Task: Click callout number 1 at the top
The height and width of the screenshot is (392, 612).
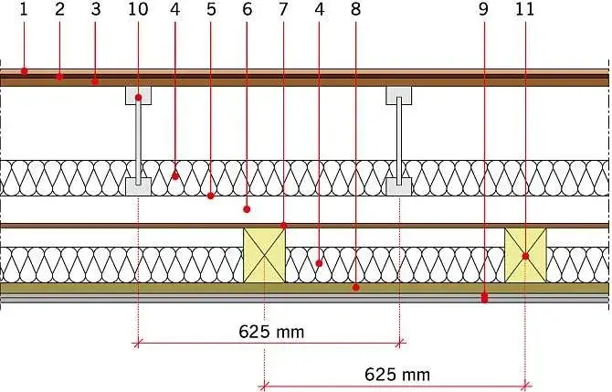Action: click(x=24, y=9)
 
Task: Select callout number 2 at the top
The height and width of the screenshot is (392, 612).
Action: click(x=59, y=9)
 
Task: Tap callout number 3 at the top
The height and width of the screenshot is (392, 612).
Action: click(x=96, y=9)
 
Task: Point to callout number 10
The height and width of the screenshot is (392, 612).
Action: click(x=138, y=9)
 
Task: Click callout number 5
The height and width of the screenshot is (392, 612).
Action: click(x=211, y=9)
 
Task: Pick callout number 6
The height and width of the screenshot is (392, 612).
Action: click(x=247, y=9)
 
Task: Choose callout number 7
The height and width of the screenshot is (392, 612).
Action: click(x=283, y=9)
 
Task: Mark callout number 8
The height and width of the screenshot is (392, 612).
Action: click(x=355, y=9)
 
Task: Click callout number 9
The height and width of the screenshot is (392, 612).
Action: click(x=483, y=9)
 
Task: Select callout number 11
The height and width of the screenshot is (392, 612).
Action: click(x=524, y=9)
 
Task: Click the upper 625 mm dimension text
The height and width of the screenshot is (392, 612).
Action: click(x=271, y=332)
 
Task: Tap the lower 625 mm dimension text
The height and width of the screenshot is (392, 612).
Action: click(x=397, y=375)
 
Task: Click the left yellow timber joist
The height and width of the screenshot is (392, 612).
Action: click(x=264, y=255)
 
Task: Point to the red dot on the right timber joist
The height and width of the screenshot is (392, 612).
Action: click(x=525, y=256)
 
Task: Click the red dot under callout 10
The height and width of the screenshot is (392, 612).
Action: click(x=138, y=97)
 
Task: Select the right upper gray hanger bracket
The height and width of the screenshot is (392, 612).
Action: click(x=399, y=95)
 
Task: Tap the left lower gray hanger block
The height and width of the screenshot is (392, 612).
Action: click(x=138, y=186)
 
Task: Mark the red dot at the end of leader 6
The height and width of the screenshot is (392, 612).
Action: click(x=247, y=209)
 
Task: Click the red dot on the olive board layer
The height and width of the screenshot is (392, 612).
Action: click(x=355, y=288)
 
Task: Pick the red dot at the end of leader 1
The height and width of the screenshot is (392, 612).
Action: click(x=24, y=71)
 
